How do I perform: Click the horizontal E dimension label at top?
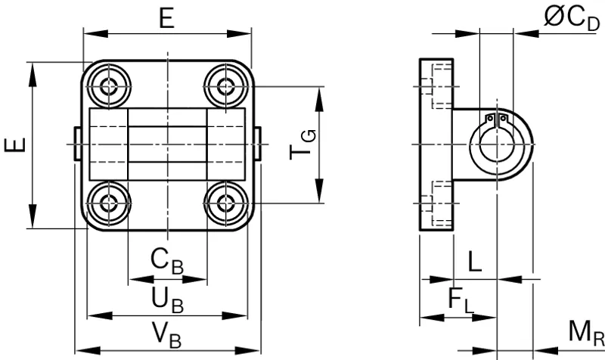167,18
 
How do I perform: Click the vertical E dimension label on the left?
15,145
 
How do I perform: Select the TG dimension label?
303,144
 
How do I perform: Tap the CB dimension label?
166,262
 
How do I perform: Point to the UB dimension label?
167,300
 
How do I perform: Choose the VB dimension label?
166,334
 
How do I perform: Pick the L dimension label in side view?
475,261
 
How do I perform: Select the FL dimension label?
461,299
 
